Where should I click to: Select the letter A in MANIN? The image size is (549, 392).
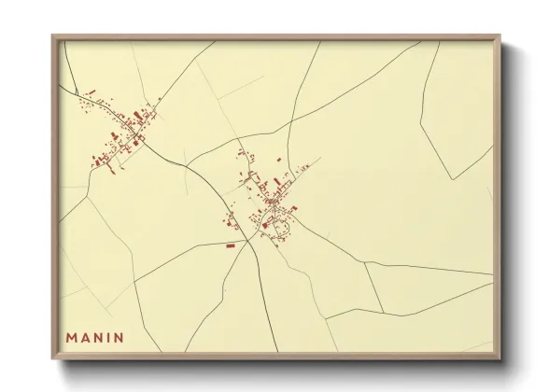(x=86, y=337)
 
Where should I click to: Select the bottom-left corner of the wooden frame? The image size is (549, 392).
(x=53, y=358)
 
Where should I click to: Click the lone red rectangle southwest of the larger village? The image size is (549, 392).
(x=230, y=245)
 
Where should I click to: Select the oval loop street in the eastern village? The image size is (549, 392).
(x=277, y=224)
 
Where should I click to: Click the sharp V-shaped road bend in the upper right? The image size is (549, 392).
(x=452, y=178)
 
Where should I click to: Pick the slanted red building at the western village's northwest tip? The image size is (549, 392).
(x=91, y=91)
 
